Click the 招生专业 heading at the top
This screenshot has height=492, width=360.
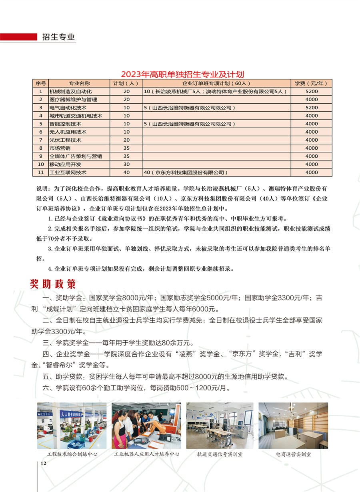[58, 37]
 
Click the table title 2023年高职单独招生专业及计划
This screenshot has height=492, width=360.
[182, 74]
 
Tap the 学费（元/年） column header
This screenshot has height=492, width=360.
[311, 83]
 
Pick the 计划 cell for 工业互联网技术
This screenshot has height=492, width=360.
[126, 173]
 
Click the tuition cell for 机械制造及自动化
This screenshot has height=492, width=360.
[311, 91]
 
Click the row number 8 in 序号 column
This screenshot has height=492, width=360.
[40, 148]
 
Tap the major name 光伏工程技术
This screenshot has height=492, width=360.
[65, 140]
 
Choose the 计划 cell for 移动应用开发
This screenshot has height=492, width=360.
[126, 164]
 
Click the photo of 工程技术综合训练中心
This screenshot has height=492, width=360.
[72, 426]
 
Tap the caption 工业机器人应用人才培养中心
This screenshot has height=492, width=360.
[146, 454]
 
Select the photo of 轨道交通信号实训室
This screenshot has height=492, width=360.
[220, 426]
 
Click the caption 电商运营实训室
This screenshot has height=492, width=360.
[293, 454]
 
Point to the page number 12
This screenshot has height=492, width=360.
[44, 463]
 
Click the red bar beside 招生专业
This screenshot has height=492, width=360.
[18, 37]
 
